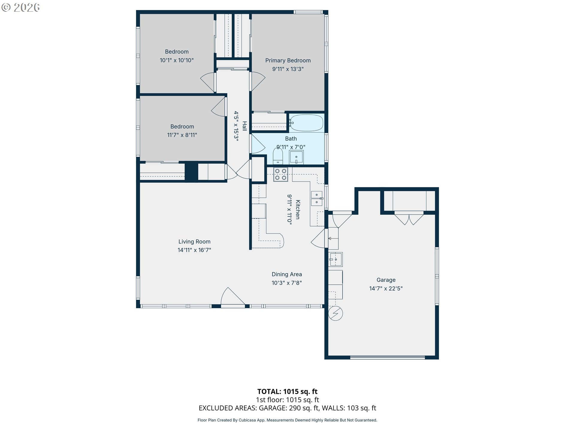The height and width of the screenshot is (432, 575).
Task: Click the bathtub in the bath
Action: (x=306, y=123)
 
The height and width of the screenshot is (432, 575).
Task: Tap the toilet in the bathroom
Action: (x=278, y=156)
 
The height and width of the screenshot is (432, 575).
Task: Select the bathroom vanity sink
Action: (x=296, y=157)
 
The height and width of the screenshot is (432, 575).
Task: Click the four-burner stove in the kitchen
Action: (x=281, y=174)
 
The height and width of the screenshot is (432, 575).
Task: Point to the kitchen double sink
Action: (x=317, y=198)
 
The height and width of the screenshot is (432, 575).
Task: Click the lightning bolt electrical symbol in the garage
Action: (x=335, y=313)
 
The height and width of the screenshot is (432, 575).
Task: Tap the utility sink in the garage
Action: (x=336, y=259)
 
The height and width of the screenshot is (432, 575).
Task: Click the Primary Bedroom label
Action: (x=288, y=60)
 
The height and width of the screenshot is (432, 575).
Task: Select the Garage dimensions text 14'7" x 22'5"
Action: (x=386, y=288)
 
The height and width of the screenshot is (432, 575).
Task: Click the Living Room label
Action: (x=194, y=241)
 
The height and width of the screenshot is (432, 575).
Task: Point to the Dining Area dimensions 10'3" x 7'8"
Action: (x=287, y=283)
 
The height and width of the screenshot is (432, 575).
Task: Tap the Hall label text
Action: (x=245, y=126)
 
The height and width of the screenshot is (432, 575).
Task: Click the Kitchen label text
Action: (x=298, y=209)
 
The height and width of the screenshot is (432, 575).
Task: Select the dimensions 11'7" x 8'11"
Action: (x=182, y=135)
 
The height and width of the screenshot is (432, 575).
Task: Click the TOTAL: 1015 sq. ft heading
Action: (x=287, y=391)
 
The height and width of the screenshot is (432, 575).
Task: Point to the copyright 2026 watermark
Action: (x=21, y=7)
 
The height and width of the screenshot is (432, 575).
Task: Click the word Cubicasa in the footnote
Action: (x=247, y=420)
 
